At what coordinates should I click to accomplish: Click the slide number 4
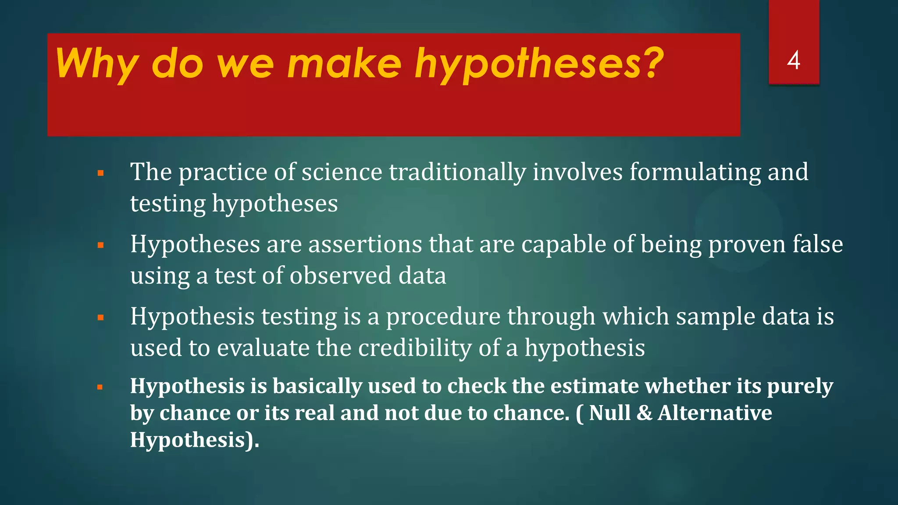pyautogui.click(x=794, y=60)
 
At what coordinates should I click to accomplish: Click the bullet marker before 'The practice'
pyautogui.click(x=100, y=173)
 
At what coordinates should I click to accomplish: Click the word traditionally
pyautogui.click(x=457, y=172)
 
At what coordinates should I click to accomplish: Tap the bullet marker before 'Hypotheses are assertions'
pyautogui.click(x=100, y=245)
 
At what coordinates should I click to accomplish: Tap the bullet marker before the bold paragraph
pyautogui.click(x=100, y=387)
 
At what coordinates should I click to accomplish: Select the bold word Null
pyautogui.click(x=609, y=413)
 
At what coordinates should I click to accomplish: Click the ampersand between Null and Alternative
pyautogui.click(x=644, y=413)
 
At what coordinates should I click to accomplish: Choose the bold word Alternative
pyautogui.click(x=715, y=413)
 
